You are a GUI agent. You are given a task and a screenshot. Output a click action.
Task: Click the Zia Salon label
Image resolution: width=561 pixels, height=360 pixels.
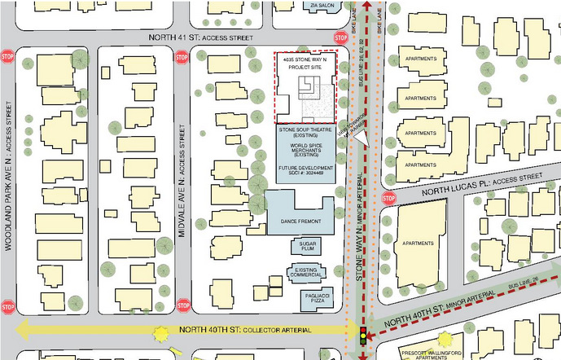[x=322, y=4]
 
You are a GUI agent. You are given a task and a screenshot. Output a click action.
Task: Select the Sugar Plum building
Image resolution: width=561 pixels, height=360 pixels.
[x=307, y=246]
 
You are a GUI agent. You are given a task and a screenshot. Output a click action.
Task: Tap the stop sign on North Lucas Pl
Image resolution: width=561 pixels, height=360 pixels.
[x=388, y=199]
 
